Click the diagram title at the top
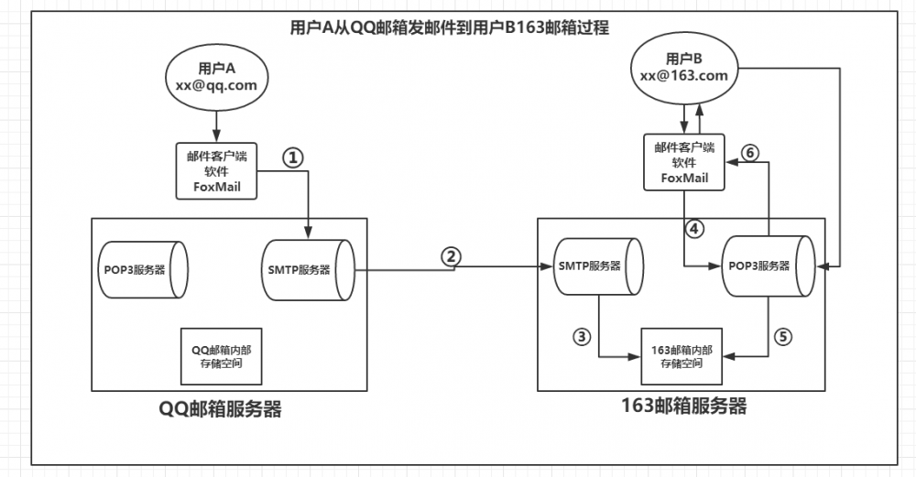(x=450, y=27)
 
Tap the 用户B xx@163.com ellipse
(x=683, y=69)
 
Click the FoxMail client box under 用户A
(x=215, y=170)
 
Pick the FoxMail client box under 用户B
(x=685, y=163)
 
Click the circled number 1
(x=291, y=157)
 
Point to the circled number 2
(x=450, y=256)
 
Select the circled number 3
(x=581, y=335)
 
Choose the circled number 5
(x=781, y=335)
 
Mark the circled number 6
(x=748, y=153)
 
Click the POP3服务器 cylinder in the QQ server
(x=141, y=269)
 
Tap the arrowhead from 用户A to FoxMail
(x=216, y=136)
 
